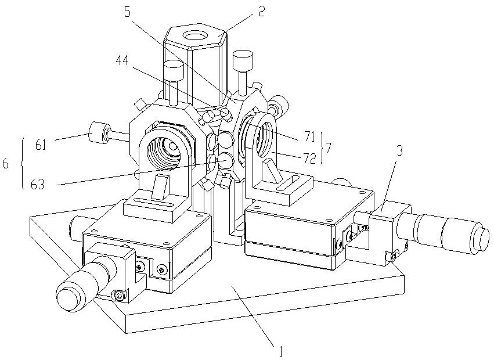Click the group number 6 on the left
5,164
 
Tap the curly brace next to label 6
21,164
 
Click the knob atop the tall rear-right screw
242,59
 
